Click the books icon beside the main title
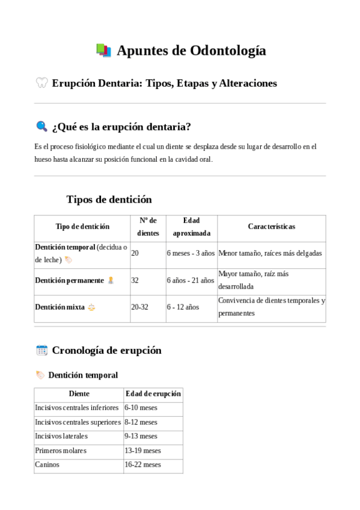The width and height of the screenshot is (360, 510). click(103, 51)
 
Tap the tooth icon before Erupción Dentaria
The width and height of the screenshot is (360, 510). click(41, 83)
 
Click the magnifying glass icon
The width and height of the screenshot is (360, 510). click(41, 126)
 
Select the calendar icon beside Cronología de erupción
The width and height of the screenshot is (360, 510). click(41, 350)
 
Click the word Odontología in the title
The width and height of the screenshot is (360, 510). click(228, 51)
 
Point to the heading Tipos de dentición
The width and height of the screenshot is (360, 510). click(109, 200)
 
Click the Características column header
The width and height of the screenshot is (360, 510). click(271, 227)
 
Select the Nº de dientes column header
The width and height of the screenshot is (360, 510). click(148, 227)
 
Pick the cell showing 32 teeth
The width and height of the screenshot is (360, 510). click(135, 280)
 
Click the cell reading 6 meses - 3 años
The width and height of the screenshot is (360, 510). click(191, 253)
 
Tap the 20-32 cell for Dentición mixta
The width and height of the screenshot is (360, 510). click(139, 307)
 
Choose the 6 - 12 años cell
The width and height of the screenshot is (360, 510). click(183, 307)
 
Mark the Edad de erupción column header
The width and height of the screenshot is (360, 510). click(153, 394)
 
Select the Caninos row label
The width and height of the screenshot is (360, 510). click(47, 465)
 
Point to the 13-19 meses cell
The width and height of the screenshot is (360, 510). click(142, 450)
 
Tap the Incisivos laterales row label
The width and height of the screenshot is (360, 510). click(61, 436)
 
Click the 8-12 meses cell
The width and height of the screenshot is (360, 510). click(141, 422)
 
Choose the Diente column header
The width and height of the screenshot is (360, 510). click(79, 394)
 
